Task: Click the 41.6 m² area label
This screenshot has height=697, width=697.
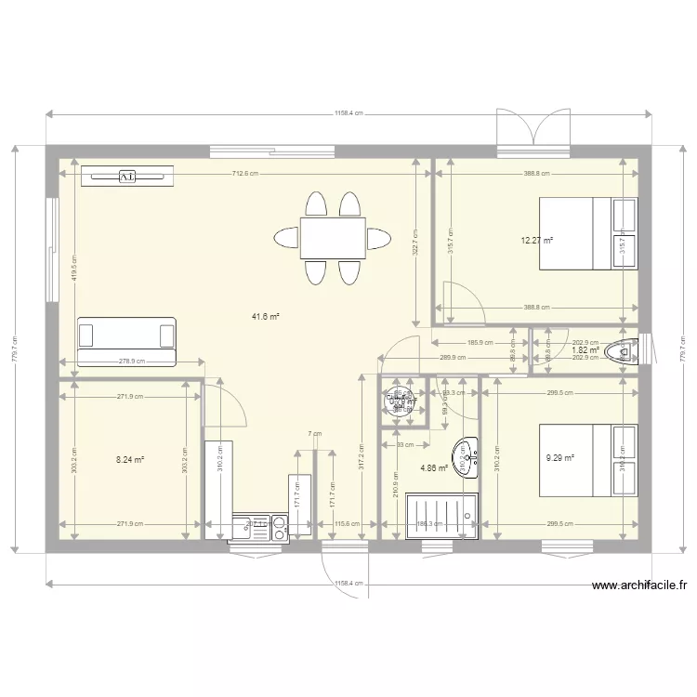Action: pyautogui.click(x=265, y=316)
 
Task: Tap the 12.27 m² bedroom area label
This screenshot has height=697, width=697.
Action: pyautogui.click(x=537, y=240)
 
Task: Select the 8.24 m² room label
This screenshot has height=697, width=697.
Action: pyautogui.click(x=130, y=459)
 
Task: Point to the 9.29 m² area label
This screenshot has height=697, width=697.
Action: pyautogui.click(x=559, y=457)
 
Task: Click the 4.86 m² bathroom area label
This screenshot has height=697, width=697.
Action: pyautogui.click(x=434, y=467)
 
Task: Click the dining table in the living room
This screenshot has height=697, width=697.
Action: pyautogui.click(x=332, y=238)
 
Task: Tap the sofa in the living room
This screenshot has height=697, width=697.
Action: pyautogui.click(x=127, y=339)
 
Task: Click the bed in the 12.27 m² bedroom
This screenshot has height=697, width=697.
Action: pyautogui.click(x=588, y=232)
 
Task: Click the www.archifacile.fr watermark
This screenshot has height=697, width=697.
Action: pyautogui.click(x=638, y=585)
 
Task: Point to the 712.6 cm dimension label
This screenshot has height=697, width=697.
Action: pyautogui.click(x=245, y=174)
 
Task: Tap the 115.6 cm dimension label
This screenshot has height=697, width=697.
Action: pyautogui.click(x=348, y=524)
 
